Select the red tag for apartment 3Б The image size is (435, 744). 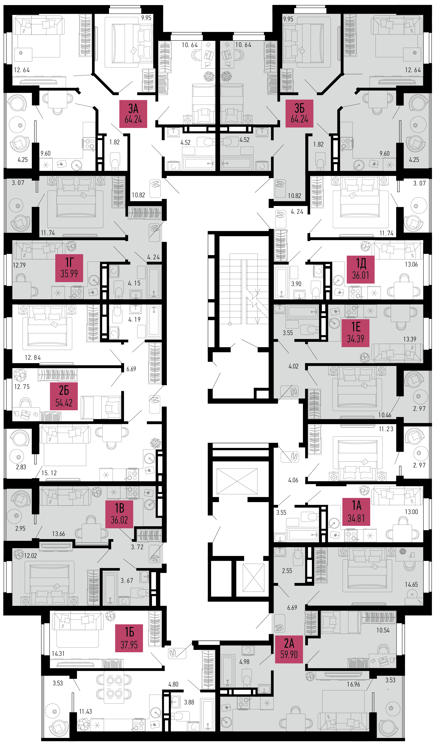[x=299, y=113]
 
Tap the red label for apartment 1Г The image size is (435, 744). [x=69, y=268]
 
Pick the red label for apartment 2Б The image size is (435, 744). [x=64, y=396]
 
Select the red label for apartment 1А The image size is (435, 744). [x=356, y=512]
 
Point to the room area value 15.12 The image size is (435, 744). [x=49, y=473]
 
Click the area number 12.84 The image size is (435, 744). [x=33, y=358]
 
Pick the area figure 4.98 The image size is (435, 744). [x=244, y=662]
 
